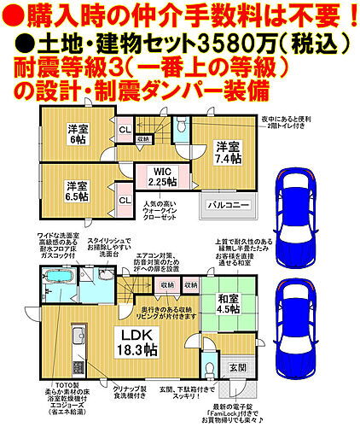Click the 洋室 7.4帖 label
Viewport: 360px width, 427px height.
[x=226, y=151]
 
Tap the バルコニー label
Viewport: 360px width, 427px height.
[x=228, y=205]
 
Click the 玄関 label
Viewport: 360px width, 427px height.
[x=237, y=367]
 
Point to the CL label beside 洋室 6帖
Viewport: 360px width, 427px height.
[x=124, y=130]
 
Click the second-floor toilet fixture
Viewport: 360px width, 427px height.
[x=181, y=128]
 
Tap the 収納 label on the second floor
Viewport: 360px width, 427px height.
[x=144, y=138]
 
